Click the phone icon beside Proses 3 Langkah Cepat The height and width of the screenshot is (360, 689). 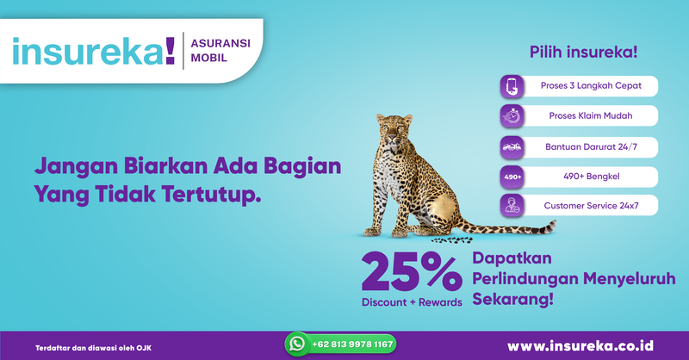(512, 86)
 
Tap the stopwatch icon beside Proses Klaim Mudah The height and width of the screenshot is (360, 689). (512, 115)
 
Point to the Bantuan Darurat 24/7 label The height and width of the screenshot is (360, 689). (589, 146)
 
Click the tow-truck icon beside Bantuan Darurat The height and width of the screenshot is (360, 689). (512, 146)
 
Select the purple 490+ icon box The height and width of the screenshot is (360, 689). (512, 176)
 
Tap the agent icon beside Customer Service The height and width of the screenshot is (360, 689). (512, 206)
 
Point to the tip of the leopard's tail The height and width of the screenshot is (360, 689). (554, 225)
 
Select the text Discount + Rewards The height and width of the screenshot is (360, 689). (412, 302)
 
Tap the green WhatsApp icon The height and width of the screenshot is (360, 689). (298, 344)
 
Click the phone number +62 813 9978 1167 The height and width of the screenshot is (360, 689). (353, 344)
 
